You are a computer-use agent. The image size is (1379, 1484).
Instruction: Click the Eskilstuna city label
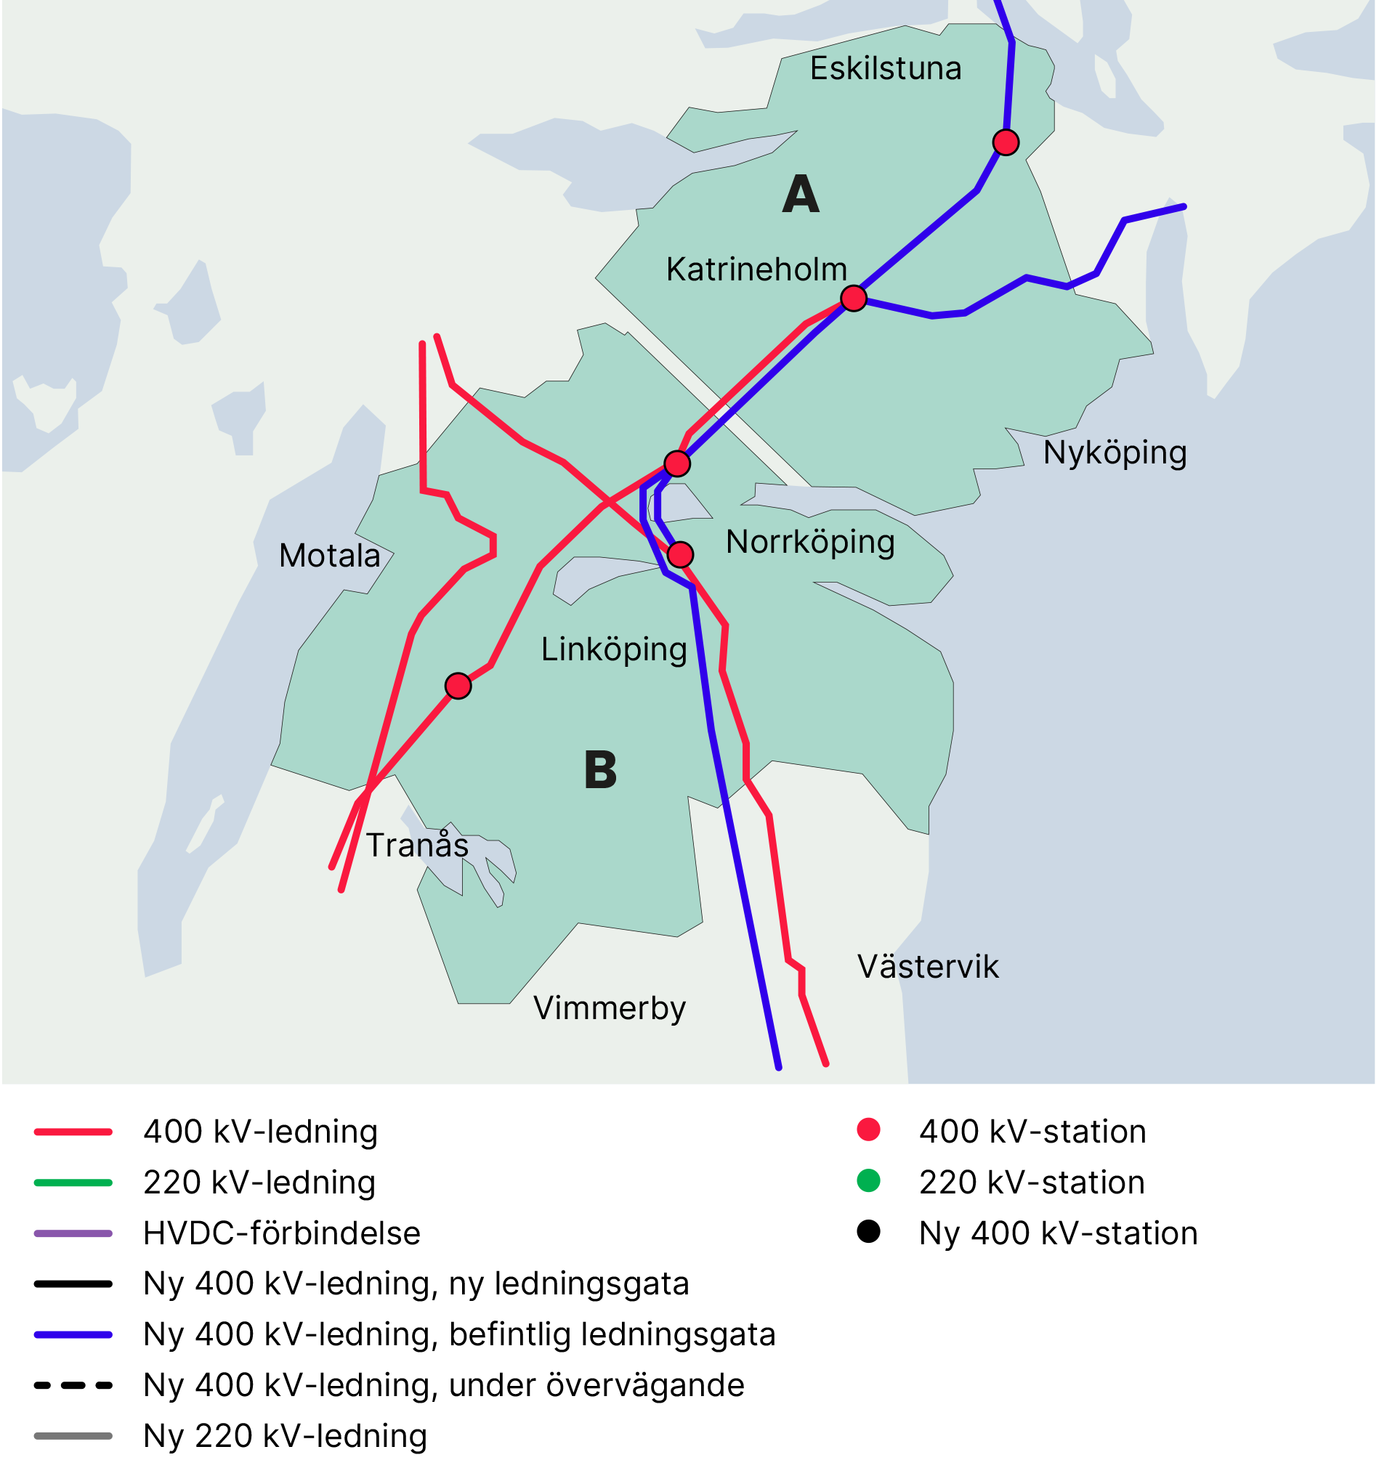coord(885,68)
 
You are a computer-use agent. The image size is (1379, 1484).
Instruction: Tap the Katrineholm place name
coord(756,269)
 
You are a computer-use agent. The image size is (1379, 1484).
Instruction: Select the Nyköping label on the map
coord(1114,453)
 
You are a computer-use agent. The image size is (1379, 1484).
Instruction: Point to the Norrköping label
coord(809,543)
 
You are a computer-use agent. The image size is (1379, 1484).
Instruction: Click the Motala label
coord(329,556)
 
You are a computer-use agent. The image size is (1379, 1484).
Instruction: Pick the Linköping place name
coord(613,650)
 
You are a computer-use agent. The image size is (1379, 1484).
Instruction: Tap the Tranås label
coord(417,846)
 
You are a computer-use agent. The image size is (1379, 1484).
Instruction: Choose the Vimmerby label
coord(609,1009)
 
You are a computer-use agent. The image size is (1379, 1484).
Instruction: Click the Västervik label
coord(927,967)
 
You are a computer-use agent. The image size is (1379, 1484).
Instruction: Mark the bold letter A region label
coord(801,195)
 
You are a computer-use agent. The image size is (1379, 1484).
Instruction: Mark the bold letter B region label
coord(600,770)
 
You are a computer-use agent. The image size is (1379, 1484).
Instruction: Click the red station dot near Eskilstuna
coord(1005,142)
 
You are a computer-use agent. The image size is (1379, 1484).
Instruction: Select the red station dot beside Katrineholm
coord(853,299)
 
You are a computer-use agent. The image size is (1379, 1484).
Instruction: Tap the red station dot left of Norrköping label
coord(680,554)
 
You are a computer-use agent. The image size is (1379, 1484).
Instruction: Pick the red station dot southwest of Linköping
coord(458,686)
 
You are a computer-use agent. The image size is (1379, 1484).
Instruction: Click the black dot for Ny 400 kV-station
coord(868,1232)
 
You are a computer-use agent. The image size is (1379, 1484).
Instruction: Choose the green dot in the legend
coord(868,1181)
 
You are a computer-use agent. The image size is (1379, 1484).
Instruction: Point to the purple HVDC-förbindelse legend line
coord(73,1233)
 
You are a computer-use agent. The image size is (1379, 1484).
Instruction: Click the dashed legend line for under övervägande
coord(73,1385)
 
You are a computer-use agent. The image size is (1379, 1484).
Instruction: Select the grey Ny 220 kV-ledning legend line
coord(73,1436)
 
